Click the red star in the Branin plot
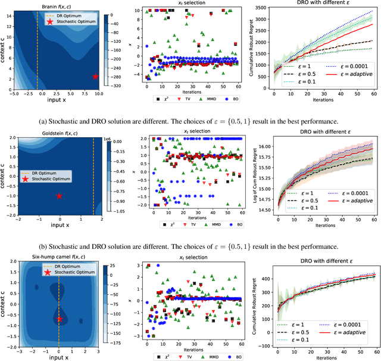click(x=95, y=77)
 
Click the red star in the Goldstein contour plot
click(x=59, y=196)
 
